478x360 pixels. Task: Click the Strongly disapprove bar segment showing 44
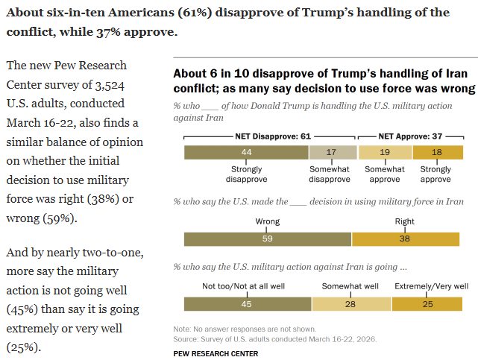coord(246,152)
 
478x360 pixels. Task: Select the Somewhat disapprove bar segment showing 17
coord(333,152)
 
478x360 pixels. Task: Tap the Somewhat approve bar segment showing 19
coord(385,152)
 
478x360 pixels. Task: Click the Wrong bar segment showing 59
coord(268,239)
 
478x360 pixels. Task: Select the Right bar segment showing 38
coord(405,239)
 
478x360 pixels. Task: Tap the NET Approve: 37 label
coord(412,137)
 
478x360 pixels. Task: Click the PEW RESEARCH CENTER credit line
coord(216,353)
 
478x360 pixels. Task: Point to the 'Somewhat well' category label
coord(350,286)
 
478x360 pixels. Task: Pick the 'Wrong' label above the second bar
coord(267,222)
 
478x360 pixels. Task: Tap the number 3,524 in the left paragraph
coord(98,84)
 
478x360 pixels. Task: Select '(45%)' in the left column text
coord(24,309)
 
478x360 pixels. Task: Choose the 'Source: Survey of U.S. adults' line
coord(274,338)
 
